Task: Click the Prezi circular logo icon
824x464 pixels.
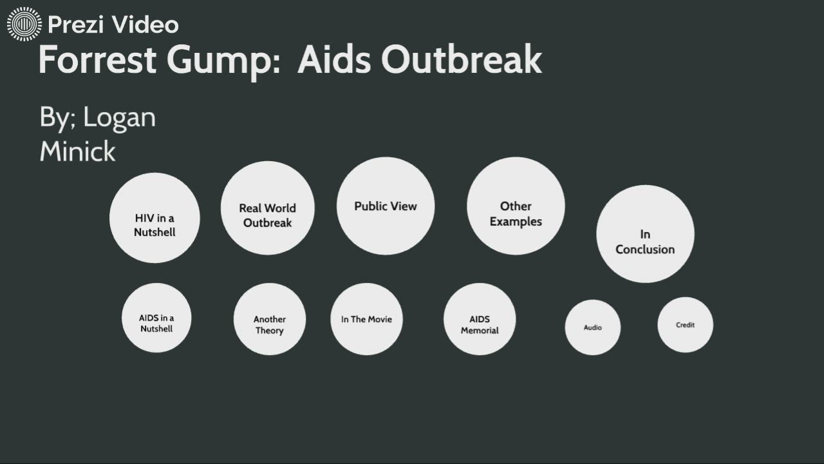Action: (x=24, y=24)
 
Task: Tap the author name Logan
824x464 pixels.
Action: (x=119, y=118)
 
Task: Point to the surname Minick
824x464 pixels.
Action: (x=77, y=152)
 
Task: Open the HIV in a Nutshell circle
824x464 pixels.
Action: (x=154, y=218)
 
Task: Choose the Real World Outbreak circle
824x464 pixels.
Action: (x=267, y=208)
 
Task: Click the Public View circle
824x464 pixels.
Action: (x=386, y=206)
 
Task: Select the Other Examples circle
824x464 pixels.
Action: (x=516, y=206)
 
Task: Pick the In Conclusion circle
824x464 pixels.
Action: (x=645, y=234)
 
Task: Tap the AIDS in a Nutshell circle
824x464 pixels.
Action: (x=156, y=318)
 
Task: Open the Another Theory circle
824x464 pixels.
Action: (x=269, y=320)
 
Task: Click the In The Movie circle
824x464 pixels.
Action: (x=366, y=319)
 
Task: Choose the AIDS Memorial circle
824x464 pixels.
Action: (x=480, y=320)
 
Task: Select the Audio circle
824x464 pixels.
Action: (x=593, y=327)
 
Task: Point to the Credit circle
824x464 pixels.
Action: (x=685, y=325)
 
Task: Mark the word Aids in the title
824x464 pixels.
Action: (x=333, y=60)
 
